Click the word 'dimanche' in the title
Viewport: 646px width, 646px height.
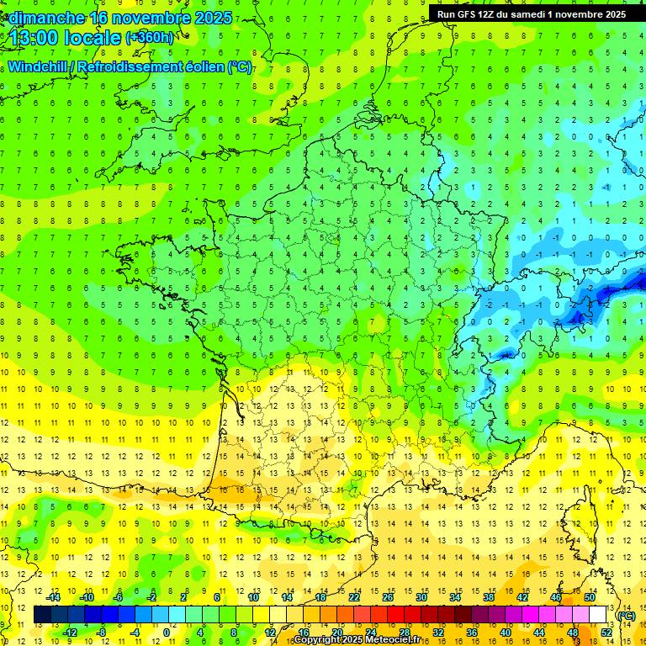point(45,18)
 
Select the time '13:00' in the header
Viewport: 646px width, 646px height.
point(34,38)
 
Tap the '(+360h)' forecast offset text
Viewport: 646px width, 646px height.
point(149,37)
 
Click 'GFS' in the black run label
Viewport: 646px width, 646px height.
point(469,13)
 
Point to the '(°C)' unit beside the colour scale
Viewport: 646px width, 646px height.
point(626,616)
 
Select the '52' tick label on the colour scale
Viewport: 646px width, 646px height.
point(606,633)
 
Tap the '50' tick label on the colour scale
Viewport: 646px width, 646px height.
point(590,597)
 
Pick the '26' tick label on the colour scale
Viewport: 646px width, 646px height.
point(388,597)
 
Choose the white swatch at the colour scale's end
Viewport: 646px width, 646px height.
point(598,615)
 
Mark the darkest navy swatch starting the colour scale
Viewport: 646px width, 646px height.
point(43,615)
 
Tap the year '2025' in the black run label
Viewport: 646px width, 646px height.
point(612,13)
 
